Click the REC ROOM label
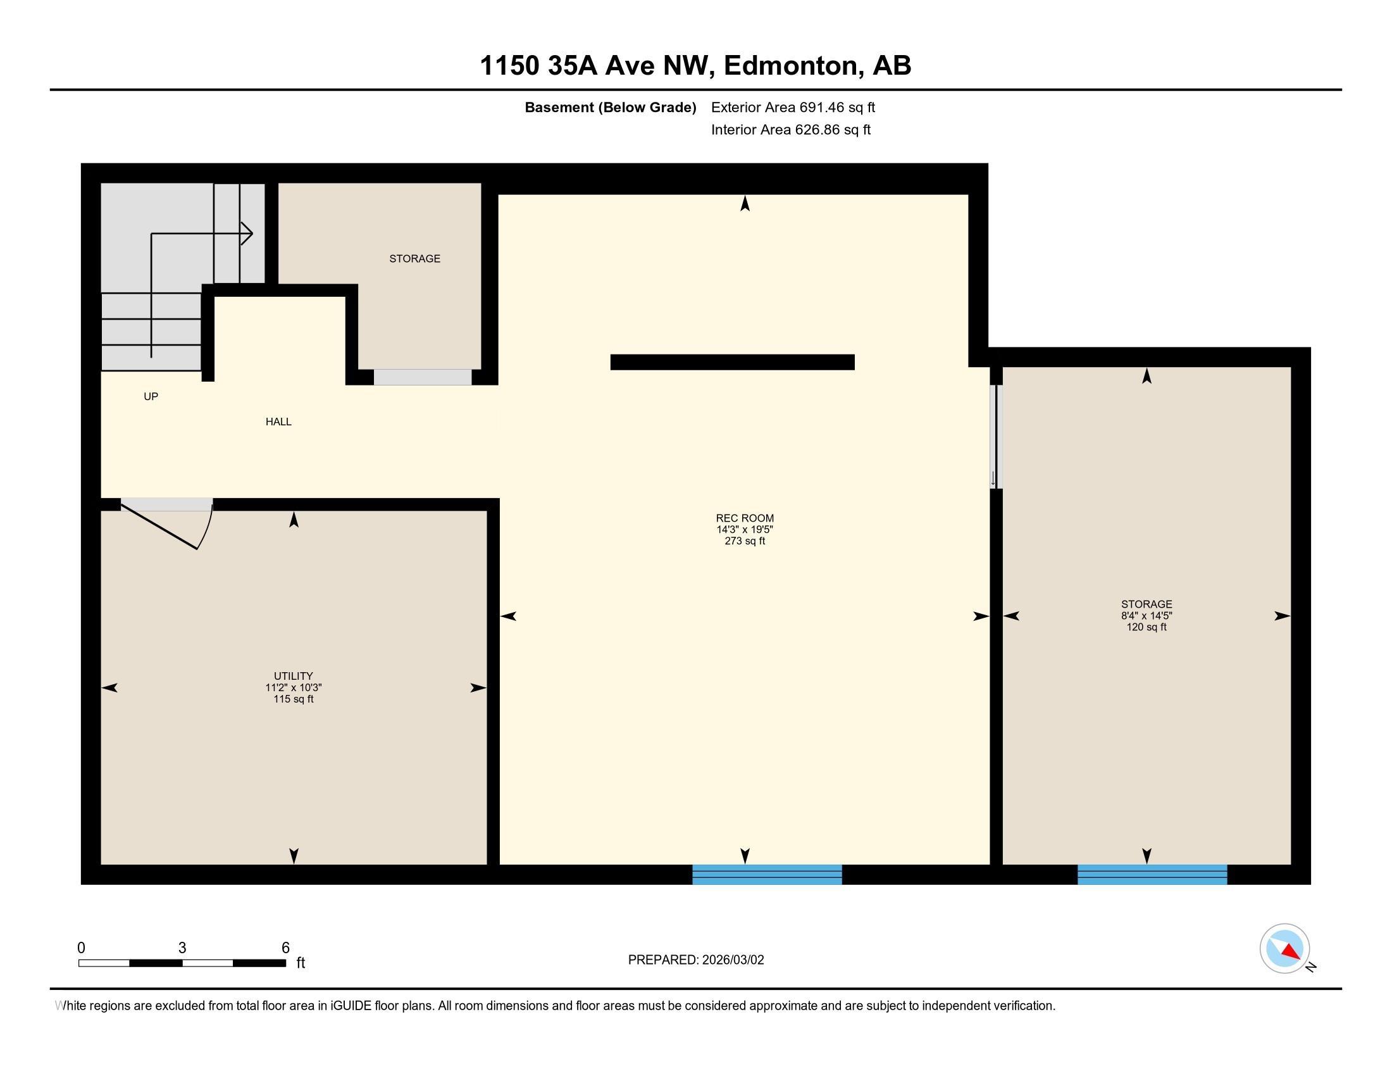(745, 518)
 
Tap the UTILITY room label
(293, 676)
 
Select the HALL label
(278, 422)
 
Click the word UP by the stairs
(151, 396)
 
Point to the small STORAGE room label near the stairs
(415, 258)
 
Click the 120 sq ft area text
(1147, 627)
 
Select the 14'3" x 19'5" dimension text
(745, 530)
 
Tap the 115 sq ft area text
(293, 699)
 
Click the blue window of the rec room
(767, 875)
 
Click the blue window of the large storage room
(1152, 875)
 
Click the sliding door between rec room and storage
(995, 437)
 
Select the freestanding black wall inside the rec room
(732, 362)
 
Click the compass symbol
(1284, 949)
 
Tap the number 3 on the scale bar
(182, 948)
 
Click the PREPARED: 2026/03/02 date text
(696, 960)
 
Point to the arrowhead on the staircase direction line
(247, 234)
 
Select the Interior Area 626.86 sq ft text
(790, 130)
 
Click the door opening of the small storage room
(423, 377)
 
